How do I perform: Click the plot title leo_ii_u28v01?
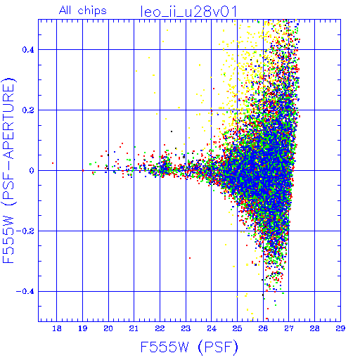click(188, 12)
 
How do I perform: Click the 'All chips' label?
click(83, 11)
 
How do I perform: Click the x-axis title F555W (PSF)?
click(189, 347)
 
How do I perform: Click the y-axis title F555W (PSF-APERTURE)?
click(9, 170)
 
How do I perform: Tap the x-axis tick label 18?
click(57, 328)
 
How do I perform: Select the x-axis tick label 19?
click(82, 328)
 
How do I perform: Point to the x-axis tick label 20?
click(108, 328)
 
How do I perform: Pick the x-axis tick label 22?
click(160, 328)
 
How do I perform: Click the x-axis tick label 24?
click(212, 328)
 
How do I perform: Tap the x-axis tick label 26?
click(263, 328)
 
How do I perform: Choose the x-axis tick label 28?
click(314, 328)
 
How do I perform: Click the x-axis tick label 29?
click(340, 328)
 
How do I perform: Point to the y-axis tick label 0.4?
click(28, 50)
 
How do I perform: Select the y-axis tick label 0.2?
click(28, 110)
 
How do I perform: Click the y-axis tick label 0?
click(32, 171)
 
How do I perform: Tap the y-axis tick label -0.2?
click(25, 231)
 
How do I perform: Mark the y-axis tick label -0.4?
click(25, 292)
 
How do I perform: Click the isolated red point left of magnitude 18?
click(53, 163)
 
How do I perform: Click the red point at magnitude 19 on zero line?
click(83, 170)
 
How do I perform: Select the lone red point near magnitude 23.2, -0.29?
click(190, 258)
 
